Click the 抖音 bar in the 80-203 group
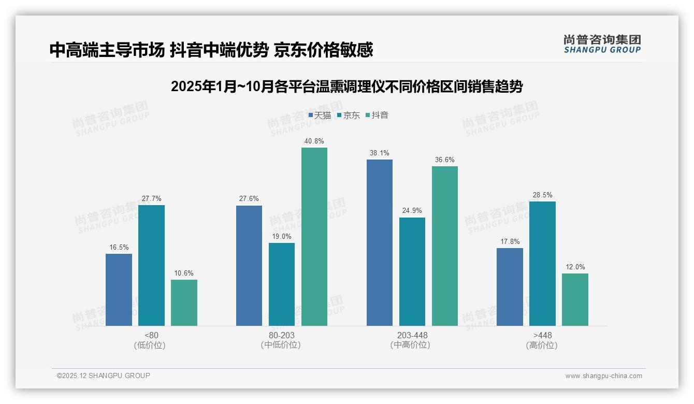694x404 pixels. click(x=314, y=237)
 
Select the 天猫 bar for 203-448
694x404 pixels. click(x=380, y=242)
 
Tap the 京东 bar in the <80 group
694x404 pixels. click(x=151, y=265)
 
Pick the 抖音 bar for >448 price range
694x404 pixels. click(x=575, y=299)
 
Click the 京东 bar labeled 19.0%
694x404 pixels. click(x=282, y=284)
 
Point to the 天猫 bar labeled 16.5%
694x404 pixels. click(x=119, y=290)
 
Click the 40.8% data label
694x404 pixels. click(x=314, y=141)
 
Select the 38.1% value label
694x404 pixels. click(x=380, y=153)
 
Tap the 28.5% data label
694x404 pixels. click(x=542, y=195)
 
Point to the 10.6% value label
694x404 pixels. click(x=184, y=273)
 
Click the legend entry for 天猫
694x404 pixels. click(x=320, y=116)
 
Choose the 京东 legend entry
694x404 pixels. click(x=348, y=116)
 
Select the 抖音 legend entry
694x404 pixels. click(x=377, y=116)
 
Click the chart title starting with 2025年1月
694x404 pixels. click(x=346, y=86)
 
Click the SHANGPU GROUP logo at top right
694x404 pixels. click(x=602, y=44)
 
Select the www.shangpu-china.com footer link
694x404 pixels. click(x=603, y=376)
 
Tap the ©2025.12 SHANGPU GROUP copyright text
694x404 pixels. click(x=104, y=376)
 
